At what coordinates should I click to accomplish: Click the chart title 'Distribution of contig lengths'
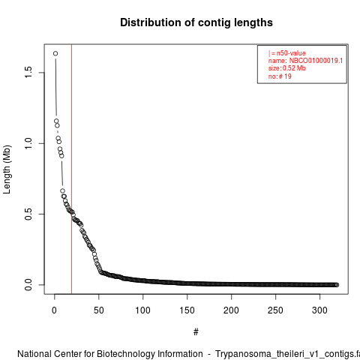pyautogui.click(x=196, y=22)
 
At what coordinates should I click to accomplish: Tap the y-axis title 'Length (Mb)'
pyautogui.click(x=7, y=169)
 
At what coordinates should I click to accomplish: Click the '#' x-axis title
pyautogui.click(x=196, y=332)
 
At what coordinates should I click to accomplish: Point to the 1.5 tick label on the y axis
pyautogui.click(x=28, y=72)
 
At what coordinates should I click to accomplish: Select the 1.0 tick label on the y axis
pyautogui.click(x=28, y=143)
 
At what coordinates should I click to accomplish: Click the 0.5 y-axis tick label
pyautogui.click(x=28, y=214)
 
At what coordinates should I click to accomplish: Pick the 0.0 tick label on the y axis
pyautogui.click(x=28, y=285)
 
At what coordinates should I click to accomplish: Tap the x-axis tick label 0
pyautogui.click(x=55, y=310)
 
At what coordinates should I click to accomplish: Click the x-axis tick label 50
pyautogui.click(x=99, y=310)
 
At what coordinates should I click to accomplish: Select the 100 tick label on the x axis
pyautogui.click(x=143, y=310)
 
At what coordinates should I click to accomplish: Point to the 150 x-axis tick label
pyautogui.click(x=187, y=310)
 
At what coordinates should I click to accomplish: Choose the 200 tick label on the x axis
pyautogui.click(x=231, y=310)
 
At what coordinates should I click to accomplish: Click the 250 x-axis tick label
pyautogui.click(x=275, y=310)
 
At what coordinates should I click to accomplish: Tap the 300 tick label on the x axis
pyautogui.click(x=319, y=310)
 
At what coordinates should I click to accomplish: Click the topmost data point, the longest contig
pyautogui.click(x=55, y=53)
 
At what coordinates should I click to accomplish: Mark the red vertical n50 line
pyautogui.click(x=71, y=169)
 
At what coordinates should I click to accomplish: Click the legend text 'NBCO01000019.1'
pyautogui.click(x=316, y=61)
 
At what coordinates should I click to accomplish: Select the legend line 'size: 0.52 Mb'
pyautogui.click(x=287, y=68)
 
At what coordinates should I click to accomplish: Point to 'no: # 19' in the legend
pyautogui.click(x=280, y=76)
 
